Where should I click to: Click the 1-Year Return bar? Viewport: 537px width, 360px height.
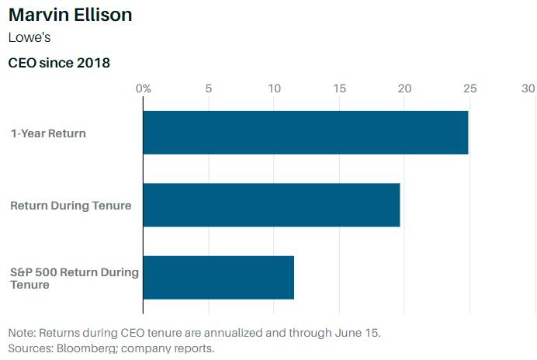coord(305,133)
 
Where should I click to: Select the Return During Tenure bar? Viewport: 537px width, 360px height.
coord(271,205)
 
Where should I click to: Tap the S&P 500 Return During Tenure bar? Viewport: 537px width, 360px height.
coord(218,278)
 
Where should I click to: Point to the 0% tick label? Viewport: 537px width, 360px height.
coord(143,88)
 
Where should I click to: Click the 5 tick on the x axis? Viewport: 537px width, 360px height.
coord(209,88)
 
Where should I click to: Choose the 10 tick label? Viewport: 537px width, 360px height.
coord(274,88)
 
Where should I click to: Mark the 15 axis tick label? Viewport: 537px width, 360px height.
coord(339,88)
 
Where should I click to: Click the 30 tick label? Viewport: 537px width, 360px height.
coord(528,88)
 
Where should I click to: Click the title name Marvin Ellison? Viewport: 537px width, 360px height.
coord(70,15)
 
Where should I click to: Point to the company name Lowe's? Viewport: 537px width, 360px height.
coord(31,37)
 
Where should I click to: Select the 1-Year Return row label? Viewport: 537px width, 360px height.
coord(48,133)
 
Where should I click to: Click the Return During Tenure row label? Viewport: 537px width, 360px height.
coord(71,206)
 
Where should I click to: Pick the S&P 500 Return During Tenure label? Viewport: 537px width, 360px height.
coord(74,279)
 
